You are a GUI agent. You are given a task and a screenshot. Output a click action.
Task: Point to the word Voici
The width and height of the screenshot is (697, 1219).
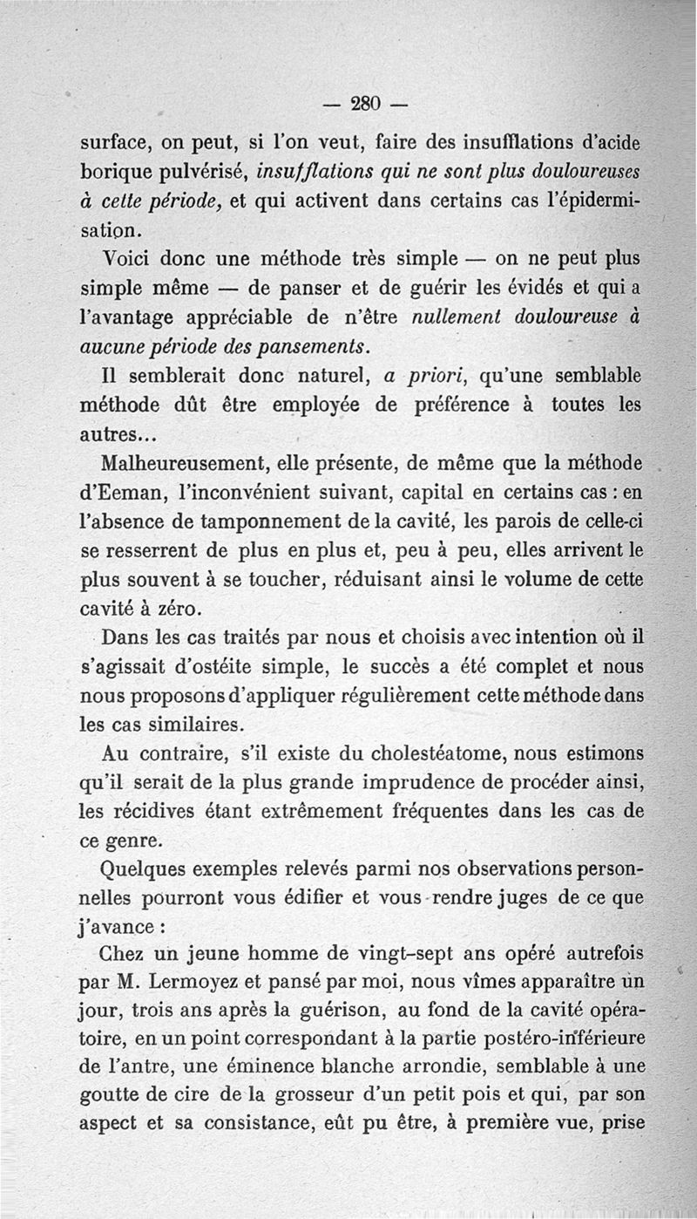(132, 261)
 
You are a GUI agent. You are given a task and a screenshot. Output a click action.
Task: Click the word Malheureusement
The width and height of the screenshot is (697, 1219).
(177, 461)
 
